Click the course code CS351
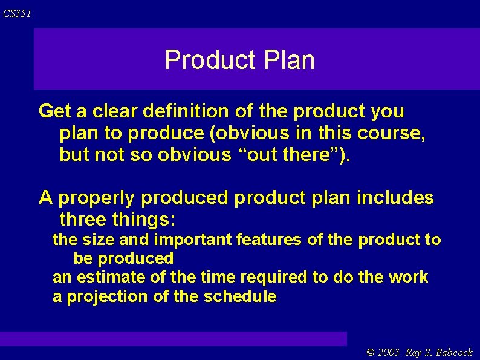[x=16, y=13]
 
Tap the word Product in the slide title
[x=210, y=60]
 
